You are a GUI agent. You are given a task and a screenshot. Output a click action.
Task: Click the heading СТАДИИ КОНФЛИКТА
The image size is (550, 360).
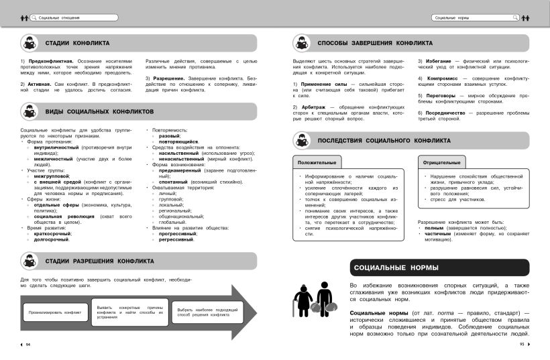[x=77, y=44]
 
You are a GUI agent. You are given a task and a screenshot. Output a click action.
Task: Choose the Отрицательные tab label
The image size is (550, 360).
[x=442, y=163]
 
